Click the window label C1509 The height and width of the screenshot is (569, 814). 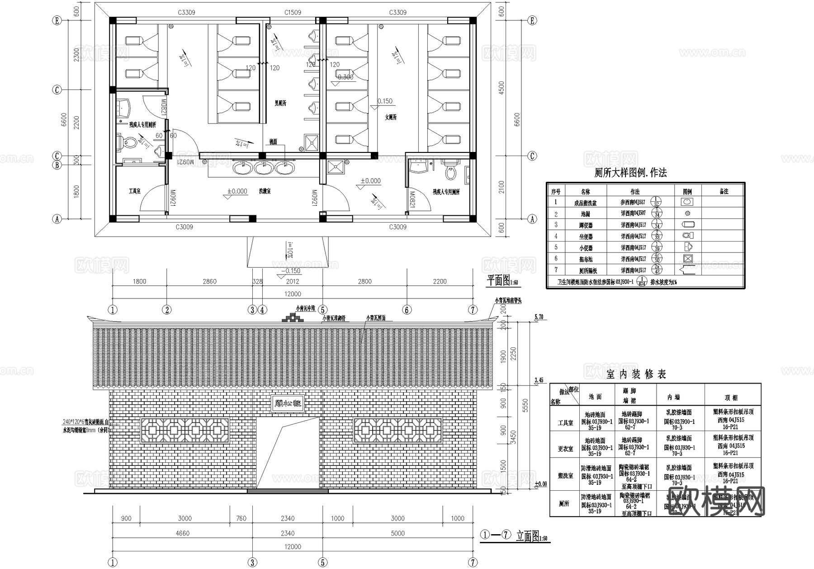[x=293, y=13]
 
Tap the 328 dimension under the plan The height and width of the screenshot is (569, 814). [x=257, y=281]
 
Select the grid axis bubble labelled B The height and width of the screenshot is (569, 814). [x=57, y=165]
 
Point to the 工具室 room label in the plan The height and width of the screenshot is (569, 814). [x=134, y=191]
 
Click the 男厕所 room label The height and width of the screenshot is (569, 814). [x=280, y=104]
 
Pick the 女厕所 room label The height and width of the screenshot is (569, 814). [x=390, y=117]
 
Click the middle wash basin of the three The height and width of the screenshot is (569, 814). [x=263, y=168]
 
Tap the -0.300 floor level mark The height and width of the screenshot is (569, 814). [x=345, y=77]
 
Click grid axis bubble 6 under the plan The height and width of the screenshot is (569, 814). [x=407, y=310]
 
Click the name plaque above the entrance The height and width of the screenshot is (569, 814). [x=288, y=403]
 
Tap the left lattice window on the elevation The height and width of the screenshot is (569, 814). [x=185, y=430]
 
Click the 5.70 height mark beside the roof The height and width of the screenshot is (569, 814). [x=539, y=317]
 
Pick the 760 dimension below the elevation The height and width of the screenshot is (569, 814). [x=241, y=518]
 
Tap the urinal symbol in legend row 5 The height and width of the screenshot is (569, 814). [x=686, y=247]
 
